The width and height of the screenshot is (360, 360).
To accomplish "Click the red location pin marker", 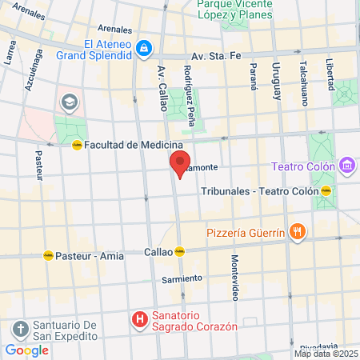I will coord(180,163).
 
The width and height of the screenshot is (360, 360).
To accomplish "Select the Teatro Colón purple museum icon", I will coord(346,166).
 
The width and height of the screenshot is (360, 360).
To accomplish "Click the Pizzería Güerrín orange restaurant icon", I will coord(297,232).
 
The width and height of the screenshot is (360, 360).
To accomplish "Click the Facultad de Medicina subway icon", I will coord(76,145).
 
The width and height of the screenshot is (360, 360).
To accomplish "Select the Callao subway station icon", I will coord(180,250).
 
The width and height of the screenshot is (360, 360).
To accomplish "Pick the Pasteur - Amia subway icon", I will coord(48,256).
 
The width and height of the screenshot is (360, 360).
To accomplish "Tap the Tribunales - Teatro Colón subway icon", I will coord(326,191).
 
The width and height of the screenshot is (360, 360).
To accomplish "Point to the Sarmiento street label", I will coord(182,279).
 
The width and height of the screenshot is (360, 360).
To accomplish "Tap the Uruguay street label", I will coord(277,80).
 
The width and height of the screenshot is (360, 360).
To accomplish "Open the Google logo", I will coord(26,350).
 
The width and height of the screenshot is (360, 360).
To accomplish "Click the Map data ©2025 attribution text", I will coord(326,354).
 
